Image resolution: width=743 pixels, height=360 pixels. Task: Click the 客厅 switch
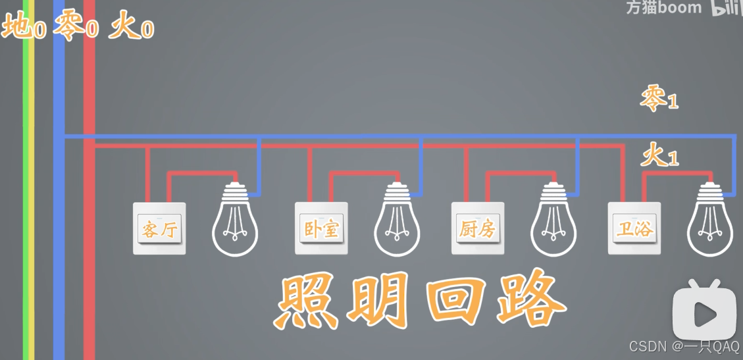click(159, 228)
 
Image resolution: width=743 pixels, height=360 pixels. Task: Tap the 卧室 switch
click(320, 228)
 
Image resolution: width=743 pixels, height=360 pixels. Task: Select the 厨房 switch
click(477, 228)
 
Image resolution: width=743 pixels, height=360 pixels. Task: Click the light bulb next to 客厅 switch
click(235, 220)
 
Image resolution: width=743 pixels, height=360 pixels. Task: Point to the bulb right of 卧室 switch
click(397, 220)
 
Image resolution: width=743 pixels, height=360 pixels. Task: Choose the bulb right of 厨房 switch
click(553, 220)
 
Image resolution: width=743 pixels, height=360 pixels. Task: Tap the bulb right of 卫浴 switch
click(709, 220)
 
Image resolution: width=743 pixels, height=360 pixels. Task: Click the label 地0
click(24, 28)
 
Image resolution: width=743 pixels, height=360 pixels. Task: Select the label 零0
click(76, 28)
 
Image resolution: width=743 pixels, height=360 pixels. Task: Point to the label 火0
click(132, 28)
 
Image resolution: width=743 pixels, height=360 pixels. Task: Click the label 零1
click(659, 99)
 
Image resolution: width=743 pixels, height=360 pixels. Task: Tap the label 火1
click(659, 157)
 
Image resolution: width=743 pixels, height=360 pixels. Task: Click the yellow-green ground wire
click(28, 197)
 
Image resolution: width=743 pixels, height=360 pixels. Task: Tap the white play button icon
click(704, 314)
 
